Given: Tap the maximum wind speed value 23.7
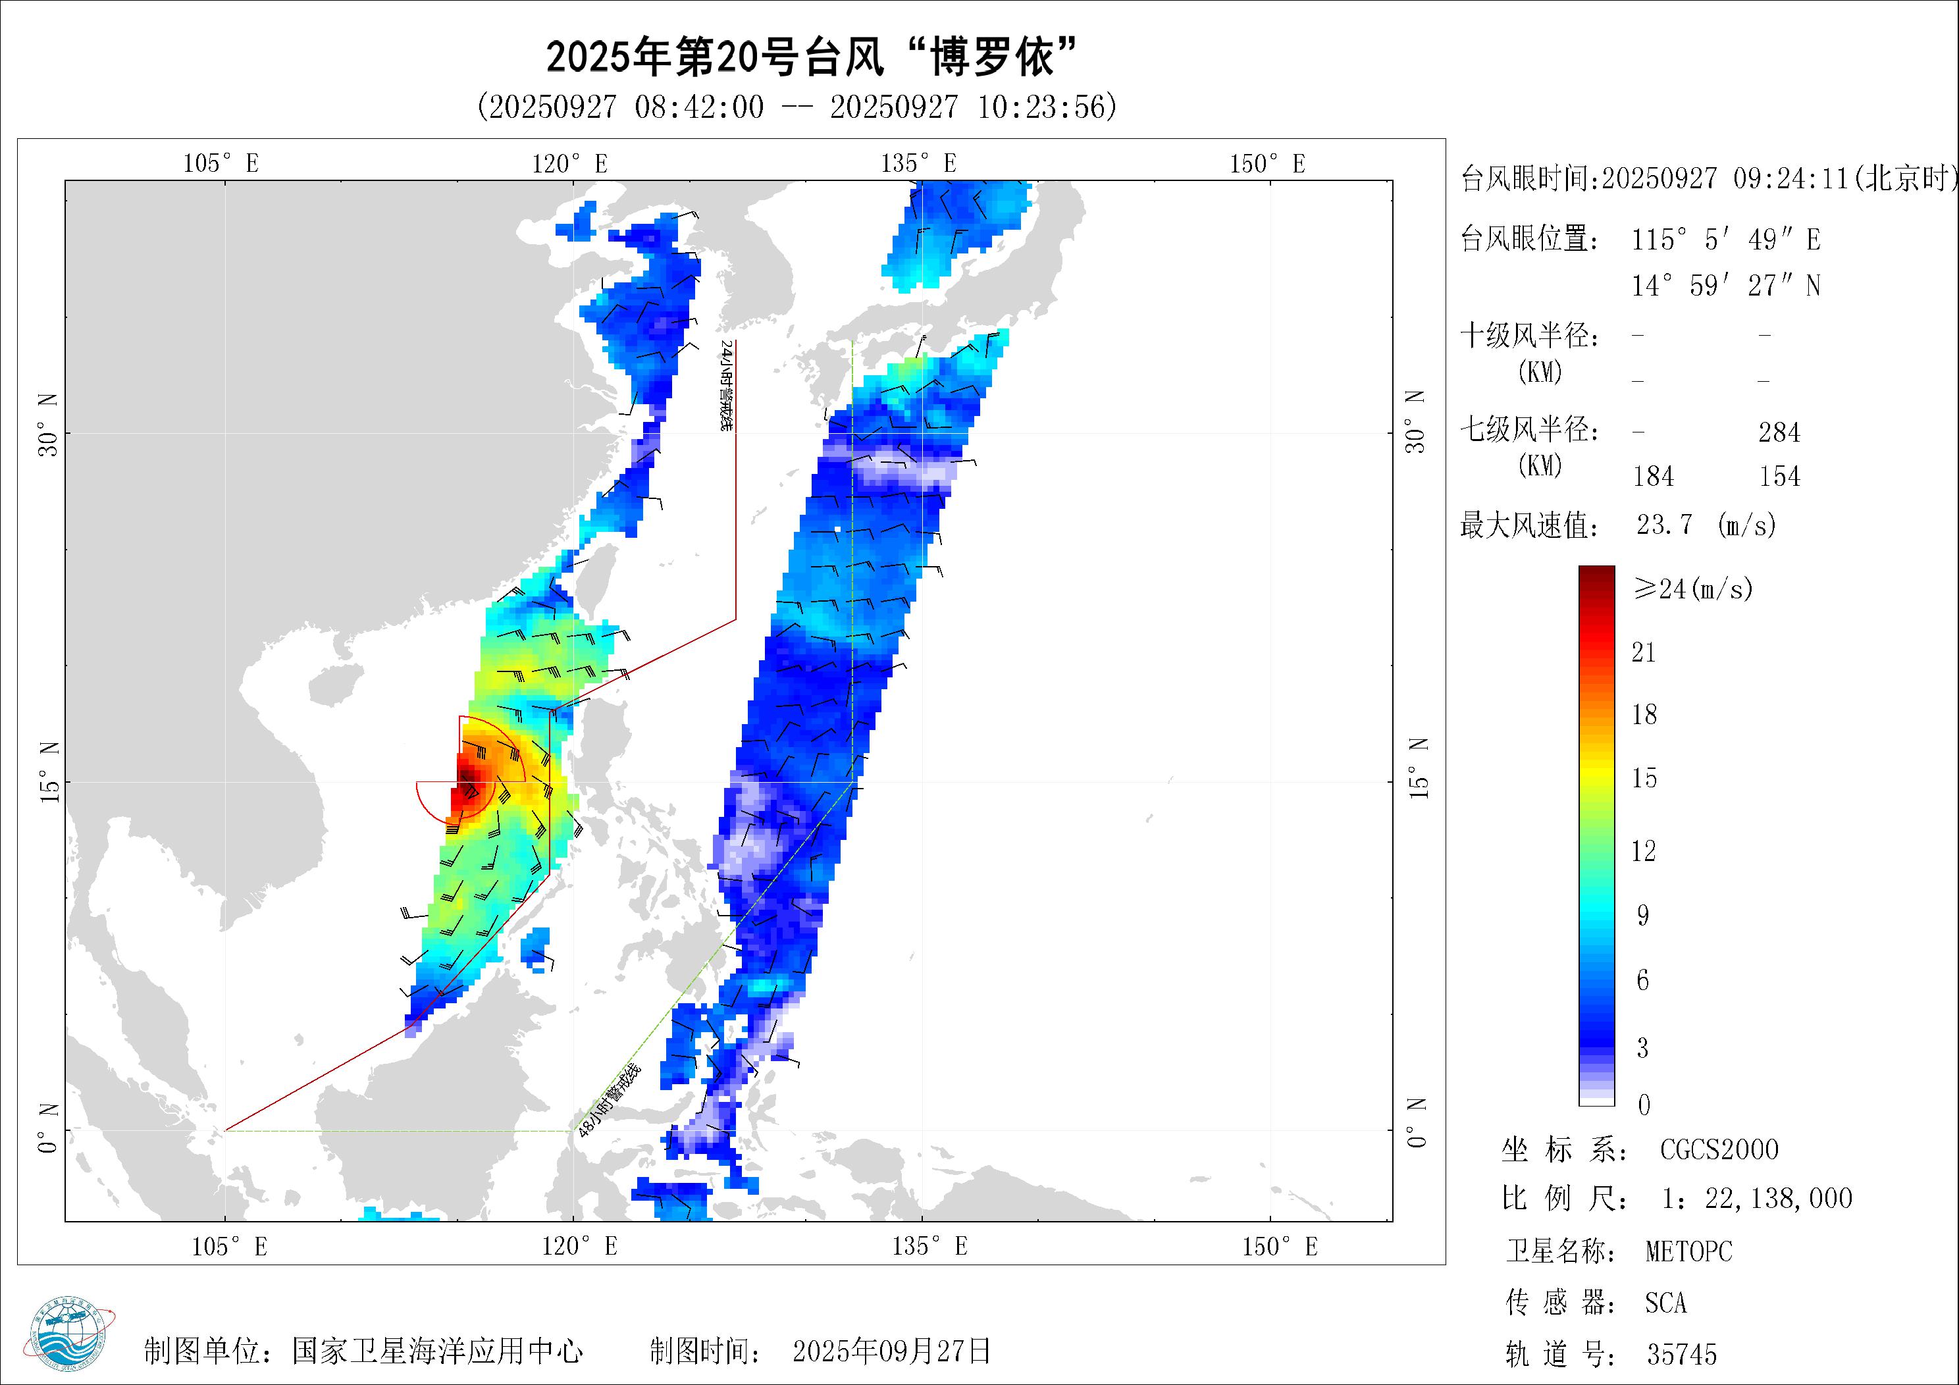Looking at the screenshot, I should coord(1664,524).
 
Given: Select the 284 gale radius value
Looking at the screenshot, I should coord(1779,432).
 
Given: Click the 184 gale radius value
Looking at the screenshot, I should coord(1654,476).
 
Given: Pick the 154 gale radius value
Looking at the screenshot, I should coord(1779,476).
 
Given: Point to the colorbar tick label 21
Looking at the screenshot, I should coord(1643,653).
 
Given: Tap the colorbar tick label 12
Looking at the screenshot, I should coord(1643,850).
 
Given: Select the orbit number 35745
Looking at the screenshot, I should coord(1682,1354).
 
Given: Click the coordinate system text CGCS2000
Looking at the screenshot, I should coord(1719,1149).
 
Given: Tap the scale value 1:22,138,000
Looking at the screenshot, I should coord(1757,1199).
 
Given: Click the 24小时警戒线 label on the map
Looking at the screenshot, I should coord(726,385).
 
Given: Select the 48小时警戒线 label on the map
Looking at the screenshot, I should coord(608,1100).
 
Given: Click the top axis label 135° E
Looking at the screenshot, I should coord(919,163).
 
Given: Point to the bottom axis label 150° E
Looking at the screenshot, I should coord(1280,1247).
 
